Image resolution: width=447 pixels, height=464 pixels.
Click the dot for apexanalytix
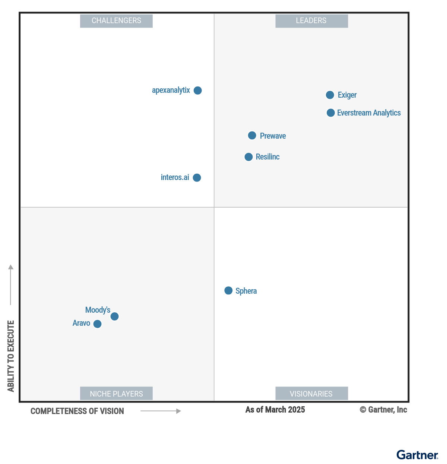coord(198,91)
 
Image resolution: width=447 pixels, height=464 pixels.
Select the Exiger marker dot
coord(330,95)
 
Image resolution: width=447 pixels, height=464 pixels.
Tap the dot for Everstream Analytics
coord(330,113)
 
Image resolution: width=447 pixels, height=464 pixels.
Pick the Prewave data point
coord(252,135)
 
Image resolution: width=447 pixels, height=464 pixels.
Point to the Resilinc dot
coord(248,157)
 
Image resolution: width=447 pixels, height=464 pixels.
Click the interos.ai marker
coord(197,178)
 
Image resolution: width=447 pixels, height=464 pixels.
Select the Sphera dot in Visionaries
coord(228,291)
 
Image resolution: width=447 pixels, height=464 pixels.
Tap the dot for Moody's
coord(115,316)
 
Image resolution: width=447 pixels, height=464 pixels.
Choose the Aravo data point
coord(97,324)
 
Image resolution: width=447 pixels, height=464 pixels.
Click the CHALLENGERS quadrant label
coord(116,21)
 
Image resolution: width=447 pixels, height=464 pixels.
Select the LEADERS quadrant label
coord(311,21)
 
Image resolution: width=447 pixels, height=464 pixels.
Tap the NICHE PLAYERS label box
coord(116,394)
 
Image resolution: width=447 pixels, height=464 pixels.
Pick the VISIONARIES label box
coord(311,394)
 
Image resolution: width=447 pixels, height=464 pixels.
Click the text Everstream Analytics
coord(369,113)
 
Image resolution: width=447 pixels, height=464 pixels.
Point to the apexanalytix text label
coord(171,90)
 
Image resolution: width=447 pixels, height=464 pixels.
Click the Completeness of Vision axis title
coord(77,411)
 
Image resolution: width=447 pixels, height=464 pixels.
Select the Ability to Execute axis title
coord(11,356)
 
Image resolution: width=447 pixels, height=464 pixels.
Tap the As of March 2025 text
coord(275,410)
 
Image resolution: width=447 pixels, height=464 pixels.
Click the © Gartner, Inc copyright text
coord(383,410)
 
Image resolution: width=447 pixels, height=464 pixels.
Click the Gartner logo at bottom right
coord(417,455)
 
